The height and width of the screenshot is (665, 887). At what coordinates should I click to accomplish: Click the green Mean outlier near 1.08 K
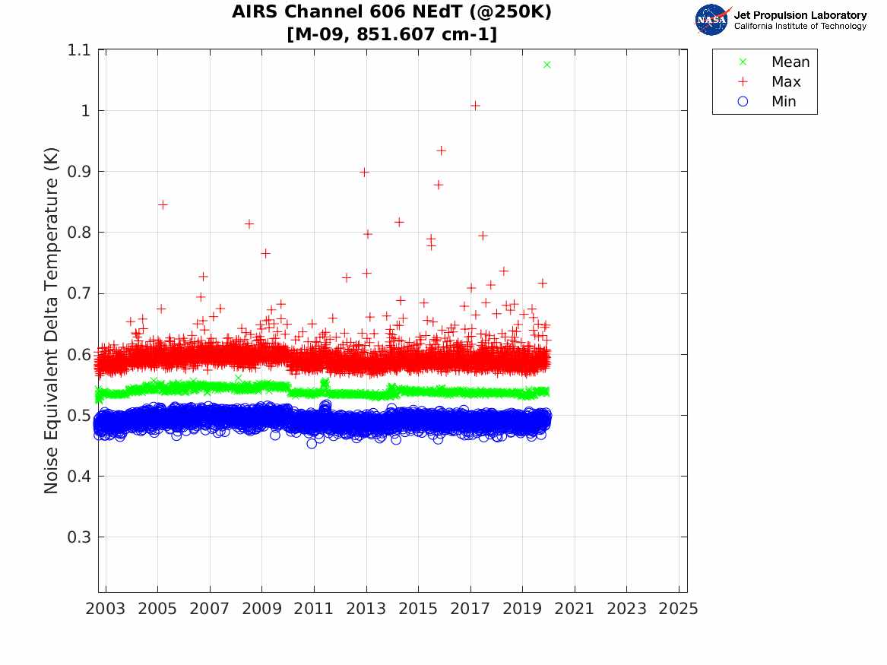point(547,65)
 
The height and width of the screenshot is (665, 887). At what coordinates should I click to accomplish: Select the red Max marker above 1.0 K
point(475,106)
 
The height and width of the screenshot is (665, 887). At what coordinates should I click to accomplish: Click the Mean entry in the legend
point(790,62)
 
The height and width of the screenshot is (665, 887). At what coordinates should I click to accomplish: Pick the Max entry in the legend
point(785,82)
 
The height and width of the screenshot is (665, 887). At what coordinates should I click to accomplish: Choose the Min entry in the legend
point(784,102)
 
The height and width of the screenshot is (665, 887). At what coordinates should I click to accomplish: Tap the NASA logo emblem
point(712,19)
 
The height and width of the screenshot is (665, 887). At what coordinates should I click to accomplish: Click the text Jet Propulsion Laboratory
point(800,15)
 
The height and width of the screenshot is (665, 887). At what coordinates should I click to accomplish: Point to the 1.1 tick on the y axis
point(78,50)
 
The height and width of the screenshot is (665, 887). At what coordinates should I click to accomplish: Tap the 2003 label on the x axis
point(106,609)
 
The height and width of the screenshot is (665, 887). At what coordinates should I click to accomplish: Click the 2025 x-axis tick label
point(679,609)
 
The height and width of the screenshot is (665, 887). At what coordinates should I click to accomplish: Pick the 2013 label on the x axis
point(366,609)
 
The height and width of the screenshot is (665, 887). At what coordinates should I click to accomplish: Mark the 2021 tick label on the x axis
point(575,609)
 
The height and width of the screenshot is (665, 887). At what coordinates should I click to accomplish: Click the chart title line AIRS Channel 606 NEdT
point(391,13)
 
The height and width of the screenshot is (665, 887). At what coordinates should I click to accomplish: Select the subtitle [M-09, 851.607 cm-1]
point(391,34)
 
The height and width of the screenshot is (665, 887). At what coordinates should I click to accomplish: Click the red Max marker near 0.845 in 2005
point(162,204)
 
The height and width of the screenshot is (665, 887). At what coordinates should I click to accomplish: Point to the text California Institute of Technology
point(800,27)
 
